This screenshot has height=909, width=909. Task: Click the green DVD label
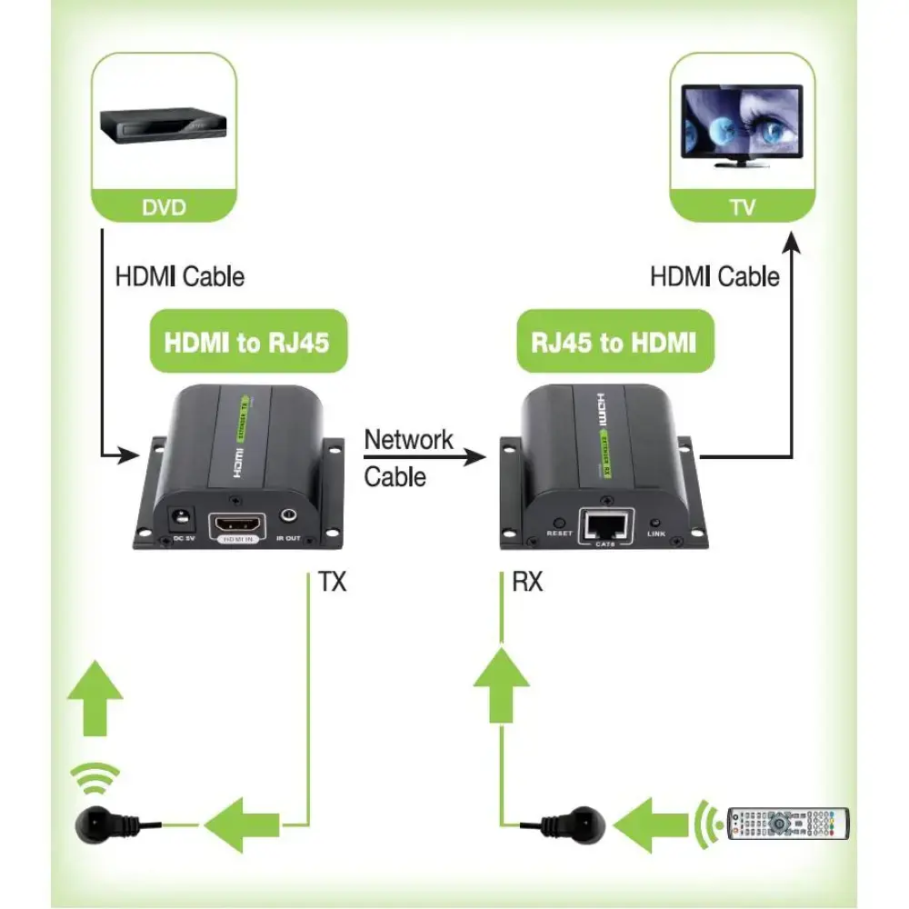pyautogui.click(x=164, y=207)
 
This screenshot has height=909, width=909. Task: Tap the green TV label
pyautogui.click(x=742, y=207)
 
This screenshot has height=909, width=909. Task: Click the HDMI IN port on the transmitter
pyautogui.click(x=238, y=526)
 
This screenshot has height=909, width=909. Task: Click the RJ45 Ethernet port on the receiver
pyautogui.click(x=605, y=524)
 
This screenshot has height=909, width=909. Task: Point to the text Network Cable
pyautogui.click(x=407, y=457)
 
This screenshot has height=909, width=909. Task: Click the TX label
pyautogui.click(x=332, y=582)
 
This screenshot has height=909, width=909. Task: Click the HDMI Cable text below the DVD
pyautogui.click(x=180, y=276)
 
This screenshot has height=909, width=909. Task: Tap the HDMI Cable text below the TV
pyautogui.click(x=714, y=276)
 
